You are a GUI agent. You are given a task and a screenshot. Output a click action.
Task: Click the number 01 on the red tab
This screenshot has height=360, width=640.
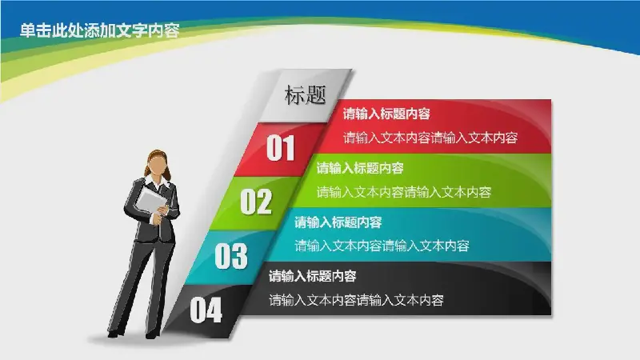click(x=281, y=148)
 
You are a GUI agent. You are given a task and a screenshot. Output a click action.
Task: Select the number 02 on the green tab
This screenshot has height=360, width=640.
click(x=256, y=202)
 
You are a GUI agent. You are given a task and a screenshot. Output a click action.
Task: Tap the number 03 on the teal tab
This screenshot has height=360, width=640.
click(x=231, y=256)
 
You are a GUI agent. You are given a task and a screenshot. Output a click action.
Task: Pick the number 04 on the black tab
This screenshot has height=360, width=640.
click(x=206, y=310)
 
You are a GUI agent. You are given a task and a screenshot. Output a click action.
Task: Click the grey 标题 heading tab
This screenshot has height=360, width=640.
click(x=306, y=95)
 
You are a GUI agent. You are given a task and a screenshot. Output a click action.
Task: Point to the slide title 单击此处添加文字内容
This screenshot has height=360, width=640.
click(x=99, y=30)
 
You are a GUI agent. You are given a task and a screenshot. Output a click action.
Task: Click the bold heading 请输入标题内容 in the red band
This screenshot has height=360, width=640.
click(x=386, y=114)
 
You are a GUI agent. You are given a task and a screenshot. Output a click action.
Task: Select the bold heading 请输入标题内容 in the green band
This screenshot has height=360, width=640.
click(x=360, y=168)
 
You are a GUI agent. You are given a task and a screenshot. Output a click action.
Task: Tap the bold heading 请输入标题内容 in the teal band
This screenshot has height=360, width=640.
click(x=338, y=222)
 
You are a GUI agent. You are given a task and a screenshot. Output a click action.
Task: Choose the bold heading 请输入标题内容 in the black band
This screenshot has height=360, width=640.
click(x=312, y=276)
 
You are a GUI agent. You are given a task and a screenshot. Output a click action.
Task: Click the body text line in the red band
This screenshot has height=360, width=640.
click(x=430, y=138)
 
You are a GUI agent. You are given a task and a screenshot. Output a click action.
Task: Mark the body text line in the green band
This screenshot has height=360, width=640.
click(x=404, y=192)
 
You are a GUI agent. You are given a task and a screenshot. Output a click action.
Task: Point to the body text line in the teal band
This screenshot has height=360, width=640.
click(x=382, y=246)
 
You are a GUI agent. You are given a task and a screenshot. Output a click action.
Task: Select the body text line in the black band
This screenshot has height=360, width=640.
click(x=356, y=301)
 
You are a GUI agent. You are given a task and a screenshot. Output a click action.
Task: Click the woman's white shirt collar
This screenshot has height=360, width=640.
click(x=158, y=182)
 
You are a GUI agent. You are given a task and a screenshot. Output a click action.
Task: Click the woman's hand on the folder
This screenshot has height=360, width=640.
click(x=162, y=210)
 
